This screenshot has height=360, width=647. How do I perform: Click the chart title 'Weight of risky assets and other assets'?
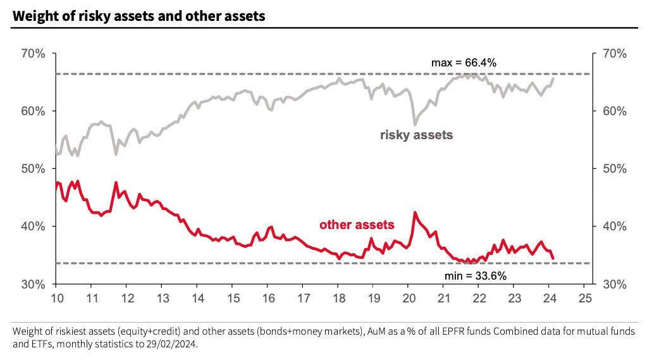pyautogui.click(x=138, y=16)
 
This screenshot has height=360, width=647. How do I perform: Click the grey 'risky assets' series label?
pyautogui.click(x=416, y=135)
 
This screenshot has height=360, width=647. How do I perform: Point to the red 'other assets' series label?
pyautogui.click(x=357, y=225)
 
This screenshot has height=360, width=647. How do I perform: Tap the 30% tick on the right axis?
pyautogui.click(x=613, y=284)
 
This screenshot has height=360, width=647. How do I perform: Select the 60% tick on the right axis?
pyautogui.click(x=613, y=111)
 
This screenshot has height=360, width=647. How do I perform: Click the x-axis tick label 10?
pyautogui.click(x=56, y=297)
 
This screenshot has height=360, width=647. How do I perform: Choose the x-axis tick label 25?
pyautogui.click(x=585, y=297)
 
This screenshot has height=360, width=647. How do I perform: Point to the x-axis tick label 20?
pyautogui.click(x=409, y=297)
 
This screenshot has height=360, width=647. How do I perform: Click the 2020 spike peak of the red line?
pyautogui.click(x=415, y=213)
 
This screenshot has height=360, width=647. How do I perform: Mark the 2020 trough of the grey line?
pyautogui.click(x=415, y=125)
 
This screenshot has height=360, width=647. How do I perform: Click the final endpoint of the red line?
pyautogui.click(x=554, y=258)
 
